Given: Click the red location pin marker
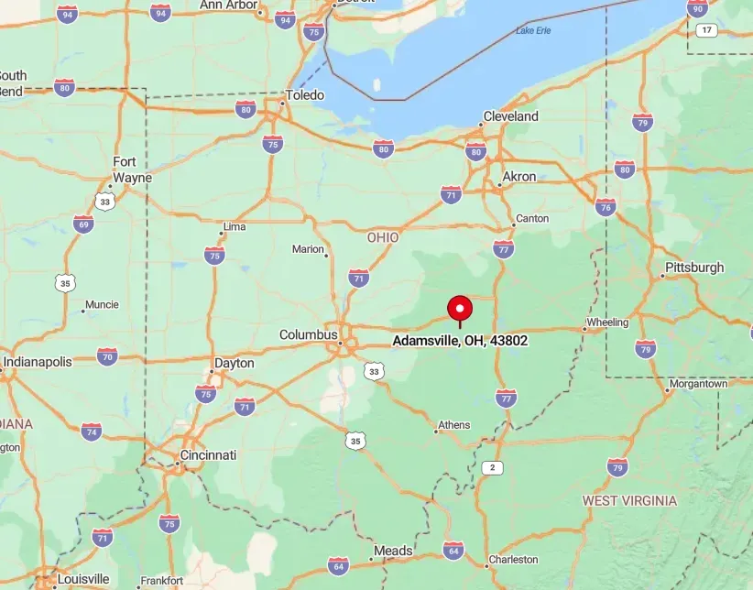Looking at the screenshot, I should [459, 309].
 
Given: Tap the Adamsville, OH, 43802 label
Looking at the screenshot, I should [460, 340].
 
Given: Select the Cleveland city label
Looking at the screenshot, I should [511, 116].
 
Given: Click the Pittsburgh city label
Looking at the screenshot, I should [693, 268].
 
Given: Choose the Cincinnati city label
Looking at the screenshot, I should [208, 454].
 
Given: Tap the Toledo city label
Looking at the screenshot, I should [305, 94].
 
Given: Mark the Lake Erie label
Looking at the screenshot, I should [533, 30].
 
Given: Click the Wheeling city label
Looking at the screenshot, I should [607, 322].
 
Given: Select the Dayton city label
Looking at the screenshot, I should [234, 363].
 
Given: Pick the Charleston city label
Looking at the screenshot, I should [513, 559].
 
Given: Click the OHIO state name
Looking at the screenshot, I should [383, 237].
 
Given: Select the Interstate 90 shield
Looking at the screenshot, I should [697, 8].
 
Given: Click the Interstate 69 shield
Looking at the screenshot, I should [83, 224].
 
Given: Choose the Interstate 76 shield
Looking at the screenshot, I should [606, 207].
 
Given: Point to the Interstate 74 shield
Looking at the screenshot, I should [91, 432].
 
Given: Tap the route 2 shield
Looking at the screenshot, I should [494, 467].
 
